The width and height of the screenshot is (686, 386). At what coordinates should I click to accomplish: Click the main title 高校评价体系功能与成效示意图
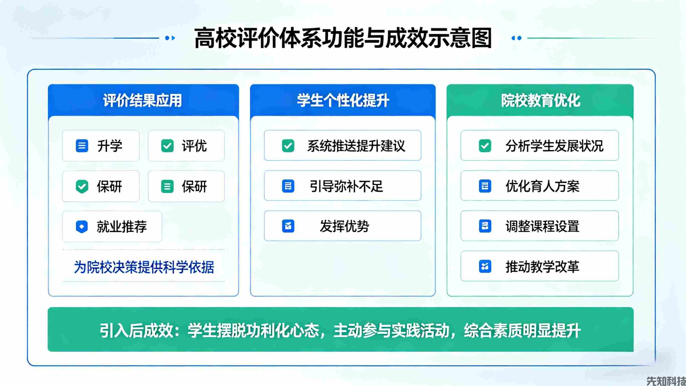343,38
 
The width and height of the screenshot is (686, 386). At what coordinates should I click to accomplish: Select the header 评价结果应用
142,101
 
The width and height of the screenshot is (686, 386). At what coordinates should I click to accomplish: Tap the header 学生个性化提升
343,101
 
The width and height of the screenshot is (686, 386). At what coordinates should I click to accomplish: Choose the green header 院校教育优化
540,101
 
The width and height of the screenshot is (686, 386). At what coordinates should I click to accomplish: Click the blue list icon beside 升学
82,146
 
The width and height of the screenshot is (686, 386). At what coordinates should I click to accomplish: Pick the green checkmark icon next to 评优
167,146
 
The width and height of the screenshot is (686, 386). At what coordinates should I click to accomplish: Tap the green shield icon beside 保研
82,186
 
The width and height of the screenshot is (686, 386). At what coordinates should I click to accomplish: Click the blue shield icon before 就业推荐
82,227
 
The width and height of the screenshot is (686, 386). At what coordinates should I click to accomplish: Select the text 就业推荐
121,227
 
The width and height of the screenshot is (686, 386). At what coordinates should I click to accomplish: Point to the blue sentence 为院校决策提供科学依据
144,267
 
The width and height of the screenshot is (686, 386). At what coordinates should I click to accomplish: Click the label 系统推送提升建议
356,146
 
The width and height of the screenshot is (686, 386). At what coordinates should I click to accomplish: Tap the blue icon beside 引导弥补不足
288,186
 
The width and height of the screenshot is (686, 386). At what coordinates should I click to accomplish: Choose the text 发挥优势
344,226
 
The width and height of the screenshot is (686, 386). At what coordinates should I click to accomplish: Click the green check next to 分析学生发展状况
485,146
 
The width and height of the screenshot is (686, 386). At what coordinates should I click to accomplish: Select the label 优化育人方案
542,186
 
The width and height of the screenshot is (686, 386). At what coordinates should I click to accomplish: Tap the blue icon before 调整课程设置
485,226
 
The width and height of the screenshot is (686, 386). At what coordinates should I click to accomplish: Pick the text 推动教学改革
542,267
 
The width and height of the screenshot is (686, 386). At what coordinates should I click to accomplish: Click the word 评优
194,146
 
